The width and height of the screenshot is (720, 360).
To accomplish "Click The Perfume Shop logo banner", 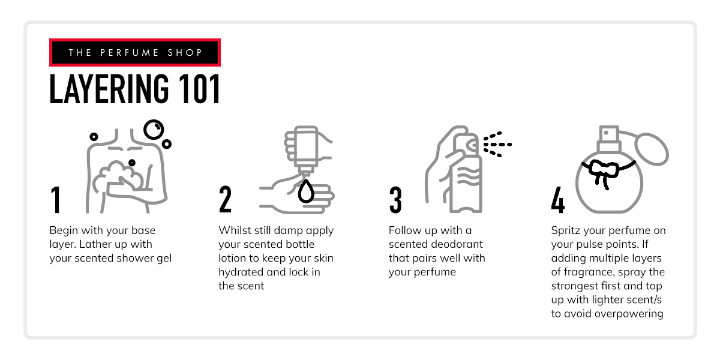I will (135, 53).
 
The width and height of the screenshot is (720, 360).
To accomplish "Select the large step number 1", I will (56, 200).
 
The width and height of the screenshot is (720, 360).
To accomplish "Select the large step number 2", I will (225, 200).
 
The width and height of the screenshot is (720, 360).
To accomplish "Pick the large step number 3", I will (395, 200).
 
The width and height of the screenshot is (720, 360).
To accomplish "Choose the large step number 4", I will (558, 200).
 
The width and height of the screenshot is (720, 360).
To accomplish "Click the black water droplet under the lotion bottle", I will (307, 190).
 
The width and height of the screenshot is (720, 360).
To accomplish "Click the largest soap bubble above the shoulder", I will (154, 129).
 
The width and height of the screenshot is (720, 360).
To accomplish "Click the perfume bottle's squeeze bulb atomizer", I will (651, 149).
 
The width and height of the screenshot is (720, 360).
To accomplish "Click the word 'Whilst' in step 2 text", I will (234, 230).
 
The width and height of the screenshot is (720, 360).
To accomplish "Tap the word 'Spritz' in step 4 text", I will (566, 230).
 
